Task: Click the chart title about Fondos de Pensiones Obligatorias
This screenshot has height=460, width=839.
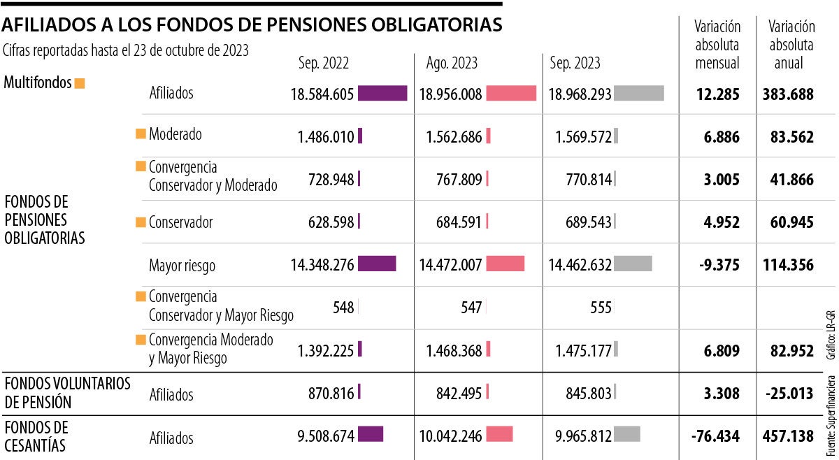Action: [252, 25]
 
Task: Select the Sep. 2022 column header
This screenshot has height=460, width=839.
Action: [323, 63]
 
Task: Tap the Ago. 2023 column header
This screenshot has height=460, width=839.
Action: [452, 63]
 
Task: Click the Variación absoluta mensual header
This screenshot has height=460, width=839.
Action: [717, 45]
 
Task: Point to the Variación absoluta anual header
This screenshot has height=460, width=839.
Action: [791, 45]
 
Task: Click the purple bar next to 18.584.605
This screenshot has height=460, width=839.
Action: [382, 94]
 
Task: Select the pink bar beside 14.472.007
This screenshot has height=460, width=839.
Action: [505, 264]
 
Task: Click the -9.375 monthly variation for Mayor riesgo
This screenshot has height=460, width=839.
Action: [717, 265]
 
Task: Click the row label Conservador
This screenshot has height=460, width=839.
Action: [180, 222]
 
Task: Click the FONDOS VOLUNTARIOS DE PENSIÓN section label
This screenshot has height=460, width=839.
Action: [57, 393]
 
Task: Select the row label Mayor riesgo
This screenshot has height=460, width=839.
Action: [182, 266]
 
